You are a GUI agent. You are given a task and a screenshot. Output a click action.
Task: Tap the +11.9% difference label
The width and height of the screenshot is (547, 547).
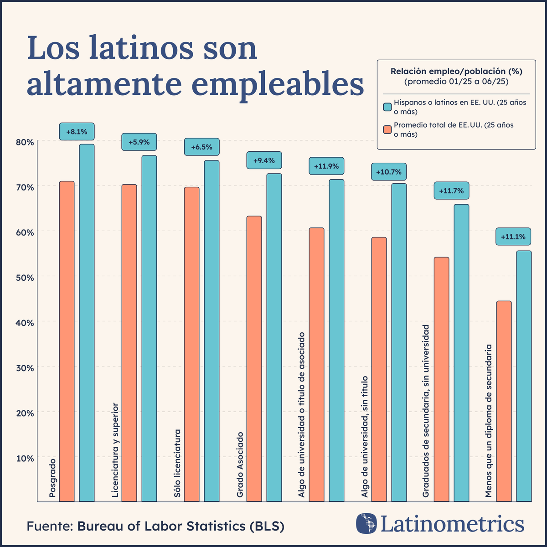pos(326,166)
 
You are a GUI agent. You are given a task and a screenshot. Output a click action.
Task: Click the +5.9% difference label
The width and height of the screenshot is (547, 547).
pos(139,142)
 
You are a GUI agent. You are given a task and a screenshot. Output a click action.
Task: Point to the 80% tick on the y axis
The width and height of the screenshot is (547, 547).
pos(25,142)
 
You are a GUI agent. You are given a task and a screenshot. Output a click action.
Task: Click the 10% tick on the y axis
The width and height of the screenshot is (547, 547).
pos(25,459)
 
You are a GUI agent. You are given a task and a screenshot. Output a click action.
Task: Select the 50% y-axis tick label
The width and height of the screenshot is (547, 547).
pos(25,278)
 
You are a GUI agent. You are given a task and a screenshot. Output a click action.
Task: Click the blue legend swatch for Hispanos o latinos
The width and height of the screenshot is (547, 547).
pos(387,107)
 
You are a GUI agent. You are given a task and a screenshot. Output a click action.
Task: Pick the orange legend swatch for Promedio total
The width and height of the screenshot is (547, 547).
pos(387,129)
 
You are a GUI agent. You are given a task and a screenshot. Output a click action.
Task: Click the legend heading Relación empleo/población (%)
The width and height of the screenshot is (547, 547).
pos(456,72)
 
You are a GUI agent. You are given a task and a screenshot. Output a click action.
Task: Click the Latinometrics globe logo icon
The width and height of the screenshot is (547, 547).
pos(366,524)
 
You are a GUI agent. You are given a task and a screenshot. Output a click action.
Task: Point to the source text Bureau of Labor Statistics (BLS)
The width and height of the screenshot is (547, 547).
pos(181,526)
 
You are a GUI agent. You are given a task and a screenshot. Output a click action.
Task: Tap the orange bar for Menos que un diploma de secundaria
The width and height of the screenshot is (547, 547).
pos(504,401)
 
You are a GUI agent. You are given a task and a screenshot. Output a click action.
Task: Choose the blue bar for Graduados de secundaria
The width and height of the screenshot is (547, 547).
pos(461,353)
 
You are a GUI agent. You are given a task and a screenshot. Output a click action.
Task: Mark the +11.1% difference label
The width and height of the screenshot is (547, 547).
pos(513,237)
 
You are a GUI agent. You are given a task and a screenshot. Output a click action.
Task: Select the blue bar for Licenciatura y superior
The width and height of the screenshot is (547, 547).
pos(149,328)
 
